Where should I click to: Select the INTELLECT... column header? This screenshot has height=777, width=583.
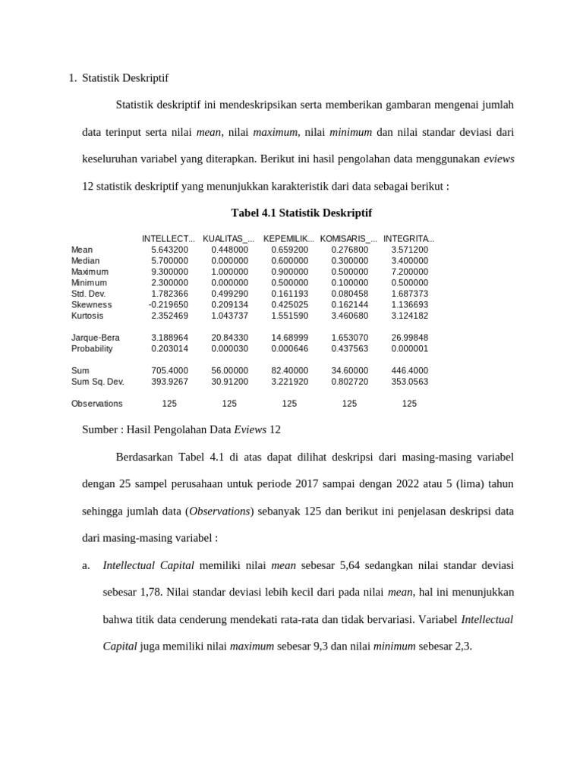169,238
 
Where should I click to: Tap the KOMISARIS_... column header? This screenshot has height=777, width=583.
348,238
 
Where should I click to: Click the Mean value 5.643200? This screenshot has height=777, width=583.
170,250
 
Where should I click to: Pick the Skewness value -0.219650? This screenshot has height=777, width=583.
169,304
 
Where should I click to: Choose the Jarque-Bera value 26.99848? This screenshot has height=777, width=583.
410,338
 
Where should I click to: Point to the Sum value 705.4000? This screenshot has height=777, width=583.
170,371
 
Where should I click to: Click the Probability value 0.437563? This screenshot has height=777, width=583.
350,349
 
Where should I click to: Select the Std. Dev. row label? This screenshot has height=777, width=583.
88,294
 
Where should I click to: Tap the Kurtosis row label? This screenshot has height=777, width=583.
87,316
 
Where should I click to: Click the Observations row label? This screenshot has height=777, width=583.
96,404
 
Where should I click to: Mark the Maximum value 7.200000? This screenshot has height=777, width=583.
410,272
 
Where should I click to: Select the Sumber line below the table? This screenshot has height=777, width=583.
181,429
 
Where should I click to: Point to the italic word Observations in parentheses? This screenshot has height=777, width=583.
221,511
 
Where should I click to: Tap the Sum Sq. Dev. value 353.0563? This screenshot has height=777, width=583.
410,382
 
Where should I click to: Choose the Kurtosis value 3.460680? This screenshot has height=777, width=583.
350,316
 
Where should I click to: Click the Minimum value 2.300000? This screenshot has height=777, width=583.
170,282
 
